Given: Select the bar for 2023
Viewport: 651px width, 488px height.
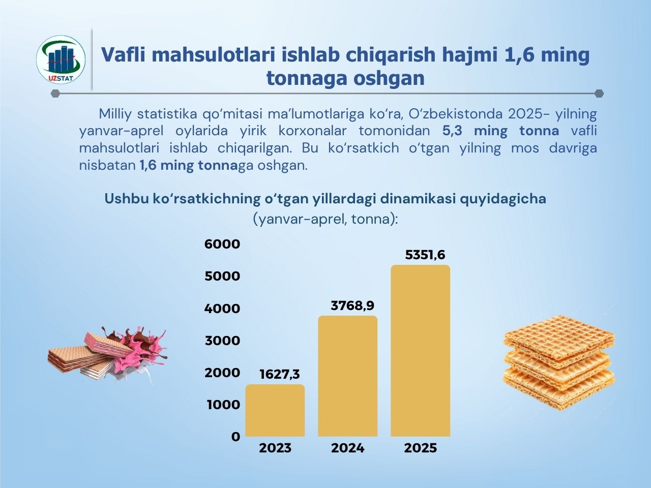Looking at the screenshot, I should point(275,411).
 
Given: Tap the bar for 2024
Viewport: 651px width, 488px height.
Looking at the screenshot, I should point(348,376).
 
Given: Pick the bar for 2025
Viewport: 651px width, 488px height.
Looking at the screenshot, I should point(420,351).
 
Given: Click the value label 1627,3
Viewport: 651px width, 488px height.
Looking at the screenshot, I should point(279,375).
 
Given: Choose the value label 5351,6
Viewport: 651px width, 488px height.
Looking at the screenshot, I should point(425,255).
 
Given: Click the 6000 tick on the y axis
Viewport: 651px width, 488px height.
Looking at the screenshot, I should point(222,244).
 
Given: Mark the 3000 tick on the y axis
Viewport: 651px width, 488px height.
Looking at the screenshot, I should point(222,341).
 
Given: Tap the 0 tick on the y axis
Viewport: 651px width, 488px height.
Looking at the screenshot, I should point(235,437).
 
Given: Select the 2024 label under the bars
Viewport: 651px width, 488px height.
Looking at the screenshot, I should point(348,448).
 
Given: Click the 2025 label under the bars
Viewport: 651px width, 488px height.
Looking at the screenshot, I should point(420,448).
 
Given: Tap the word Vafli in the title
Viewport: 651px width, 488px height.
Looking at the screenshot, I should point(123,55).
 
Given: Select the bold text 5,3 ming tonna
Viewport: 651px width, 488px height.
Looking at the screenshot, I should point(500,131).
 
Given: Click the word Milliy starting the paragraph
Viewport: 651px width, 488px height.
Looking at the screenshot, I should point(115,113).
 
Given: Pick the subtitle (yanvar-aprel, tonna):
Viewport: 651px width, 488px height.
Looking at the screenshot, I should point(325,219).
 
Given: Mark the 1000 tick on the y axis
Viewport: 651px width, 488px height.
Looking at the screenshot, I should point(223,405).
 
